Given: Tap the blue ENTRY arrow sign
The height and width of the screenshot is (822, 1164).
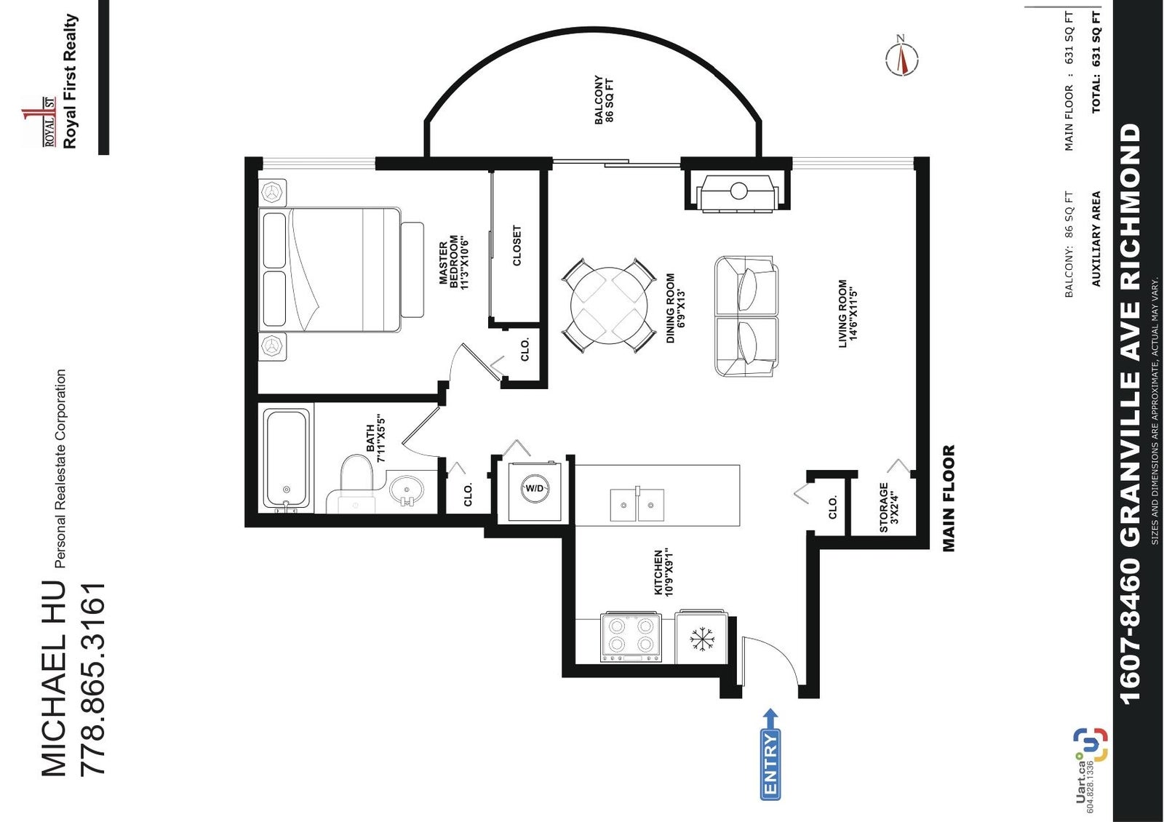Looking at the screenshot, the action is tap(770, 753).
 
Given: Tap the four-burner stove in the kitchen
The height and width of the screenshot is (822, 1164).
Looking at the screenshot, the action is tap(631, 637).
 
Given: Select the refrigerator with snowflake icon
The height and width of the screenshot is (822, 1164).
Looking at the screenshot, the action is tap(701, 637).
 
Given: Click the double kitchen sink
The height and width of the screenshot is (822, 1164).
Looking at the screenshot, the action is tap(637, 505).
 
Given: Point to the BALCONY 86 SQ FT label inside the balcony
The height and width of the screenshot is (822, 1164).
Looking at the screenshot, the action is tap(604, 100).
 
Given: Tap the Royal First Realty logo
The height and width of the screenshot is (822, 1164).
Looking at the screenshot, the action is tap(51, 83).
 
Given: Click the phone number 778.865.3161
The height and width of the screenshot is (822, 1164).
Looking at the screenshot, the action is tap(94, 680).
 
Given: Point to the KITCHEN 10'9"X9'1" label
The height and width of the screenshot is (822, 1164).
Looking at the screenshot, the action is tap(663, 572).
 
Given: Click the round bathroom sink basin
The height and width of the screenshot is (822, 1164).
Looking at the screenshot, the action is tap(406, 490).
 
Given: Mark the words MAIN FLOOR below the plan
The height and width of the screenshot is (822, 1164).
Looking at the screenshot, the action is tap(949, 498).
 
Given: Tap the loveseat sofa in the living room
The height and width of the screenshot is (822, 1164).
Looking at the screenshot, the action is tap(746, 316).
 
